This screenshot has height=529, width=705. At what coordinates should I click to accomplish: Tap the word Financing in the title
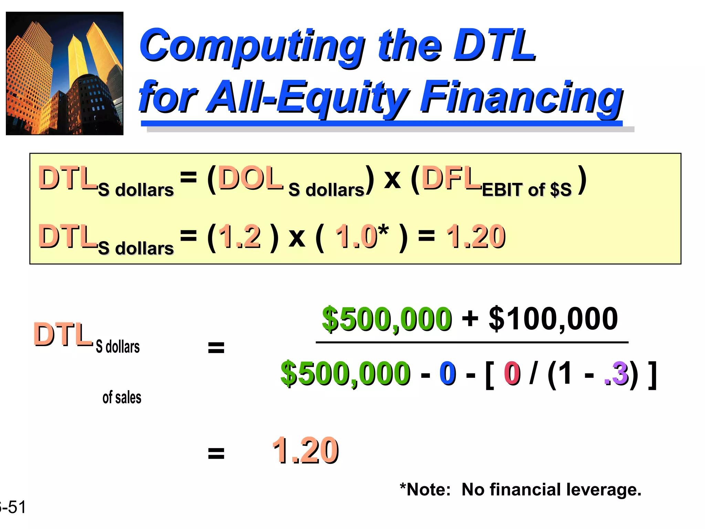[x=521, y=97]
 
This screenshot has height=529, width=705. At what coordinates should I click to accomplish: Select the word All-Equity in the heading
[x=308, y=97]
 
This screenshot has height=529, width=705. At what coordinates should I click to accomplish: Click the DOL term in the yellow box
[x=250, y=178]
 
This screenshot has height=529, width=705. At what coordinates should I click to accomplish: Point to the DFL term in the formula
[x=451, y=178]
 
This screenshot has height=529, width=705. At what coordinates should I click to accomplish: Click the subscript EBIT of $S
[x=527, y=190]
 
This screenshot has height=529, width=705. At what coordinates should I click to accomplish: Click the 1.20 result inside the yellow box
[x=476, y=236]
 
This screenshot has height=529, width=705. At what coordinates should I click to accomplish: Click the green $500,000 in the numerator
[x=387, y=319]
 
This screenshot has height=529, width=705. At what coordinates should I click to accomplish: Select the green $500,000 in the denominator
[x=345, y=374]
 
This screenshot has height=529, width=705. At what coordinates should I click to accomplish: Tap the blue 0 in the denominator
[x=448, y=374]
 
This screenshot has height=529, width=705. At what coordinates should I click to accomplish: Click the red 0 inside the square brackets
[x=512, y=374]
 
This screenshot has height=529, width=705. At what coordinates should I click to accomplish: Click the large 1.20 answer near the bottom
[x=305, y=450]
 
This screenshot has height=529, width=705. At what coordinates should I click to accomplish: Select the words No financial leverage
[x=551, y=489]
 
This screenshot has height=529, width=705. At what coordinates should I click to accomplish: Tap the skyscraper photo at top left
[x=65, y=73]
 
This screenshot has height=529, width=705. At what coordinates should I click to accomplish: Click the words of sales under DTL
[x=122, y=397]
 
